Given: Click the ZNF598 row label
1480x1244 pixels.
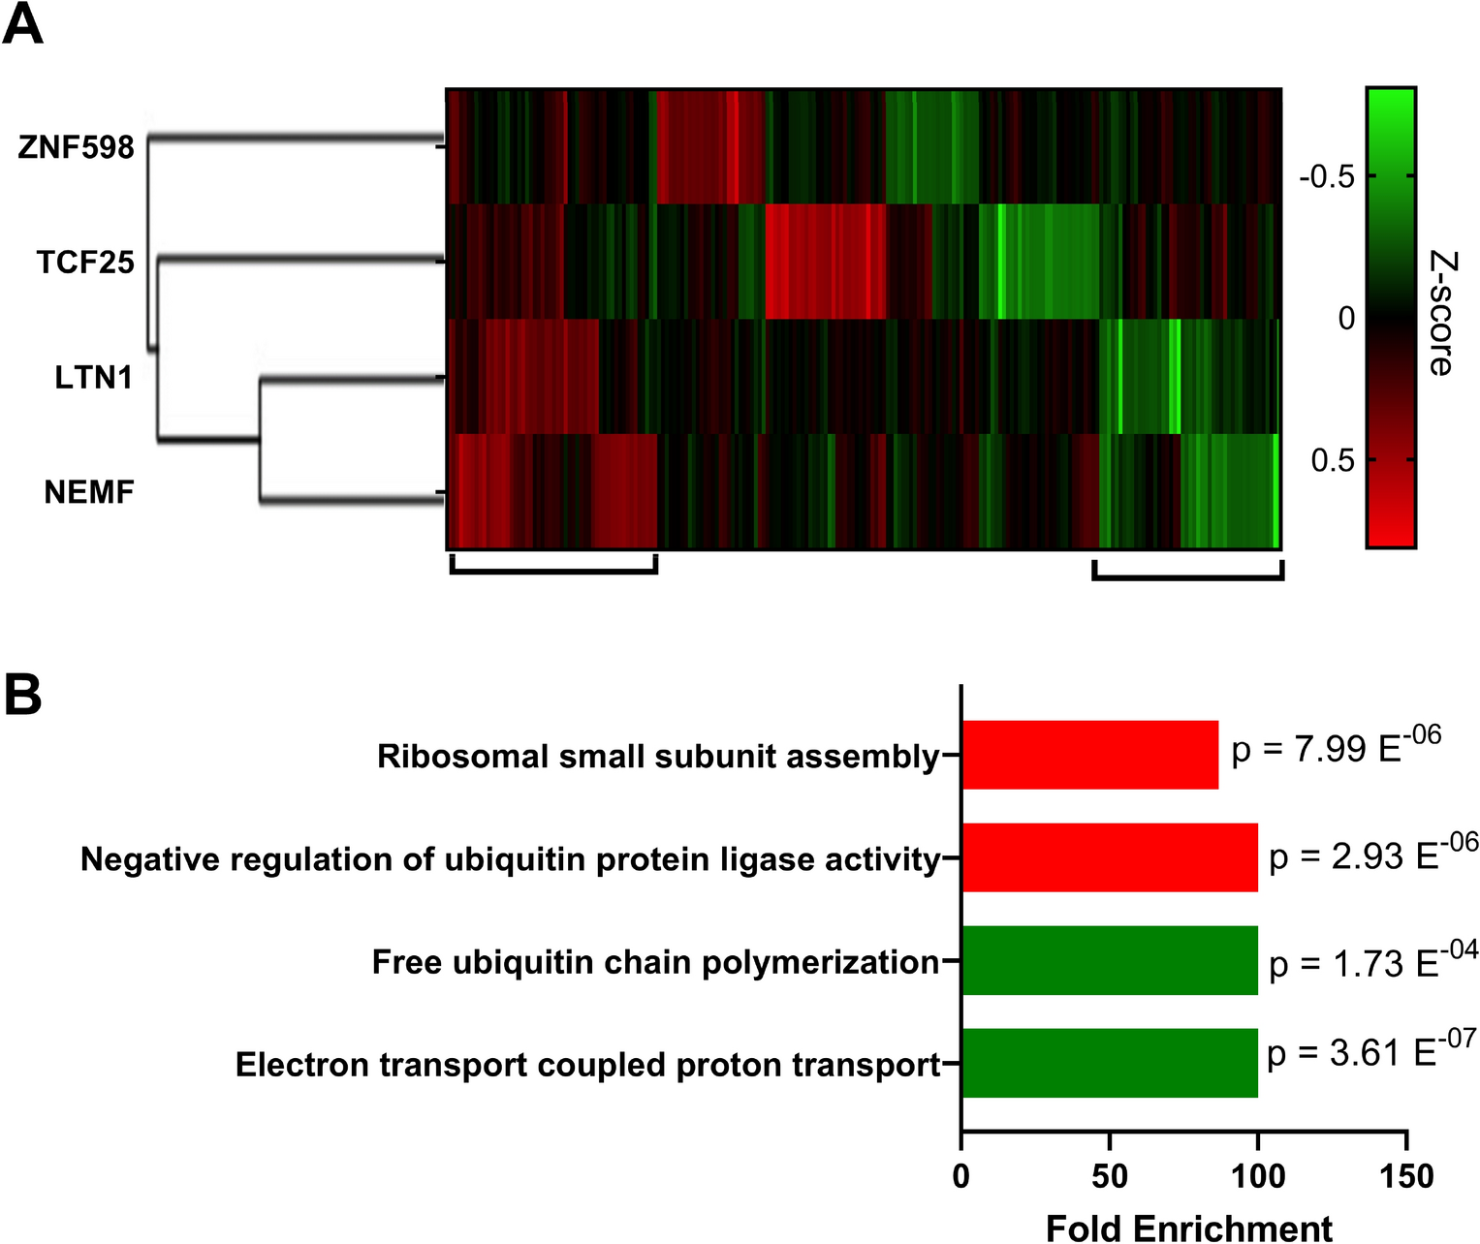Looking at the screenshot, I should (x=76, y=147).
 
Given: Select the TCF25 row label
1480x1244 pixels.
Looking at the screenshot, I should (x=85, y=263).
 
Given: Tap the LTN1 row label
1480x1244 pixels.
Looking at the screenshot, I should (x=93, y=377).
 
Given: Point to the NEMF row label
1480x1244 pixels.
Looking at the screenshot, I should (x=89, y=492).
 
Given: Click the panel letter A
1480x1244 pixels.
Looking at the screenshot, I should (x=23, y=25).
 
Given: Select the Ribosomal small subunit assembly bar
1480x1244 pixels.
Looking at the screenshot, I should (x=1089, y=755).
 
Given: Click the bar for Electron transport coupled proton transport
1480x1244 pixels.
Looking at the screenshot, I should (x=1110, y=1063).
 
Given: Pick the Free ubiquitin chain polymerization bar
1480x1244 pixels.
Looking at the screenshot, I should (x=1110, y=960).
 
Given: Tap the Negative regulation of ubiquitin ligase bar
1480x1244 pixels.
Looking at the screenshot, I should (x=1110, y=857).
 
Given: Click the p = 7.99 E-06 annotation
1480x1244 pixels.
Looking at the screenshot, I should (x=1336, y=747).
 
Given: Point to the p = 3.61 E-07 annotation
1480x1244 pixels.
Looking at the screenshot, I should (x=1370, y=1050).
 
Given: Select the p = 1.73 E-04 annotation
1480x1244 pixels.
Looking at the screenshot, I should (x=1372, y=961).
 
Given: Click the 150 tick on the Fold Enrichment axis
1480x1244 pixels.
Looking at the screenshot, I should (x=1406, y=1176).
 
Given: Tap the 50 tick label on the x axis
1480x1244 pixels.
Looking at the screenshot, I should (x=1110, y=1176).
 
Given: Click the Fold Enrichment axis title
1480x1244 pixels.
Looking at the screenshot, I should (x=1188, y=1228).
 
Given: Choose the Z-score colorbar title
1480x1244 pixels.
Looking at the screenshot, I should (x=1441, y=313).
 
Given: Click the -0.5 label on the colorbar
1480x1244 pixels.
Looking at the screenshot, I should (x=1326, y=176).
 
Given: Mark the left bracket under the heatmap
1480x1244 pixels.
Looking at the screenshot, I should (x=553, y=570).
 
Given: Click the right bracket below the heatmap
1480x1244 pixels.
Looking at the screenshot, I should (x=1187, y=576).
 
